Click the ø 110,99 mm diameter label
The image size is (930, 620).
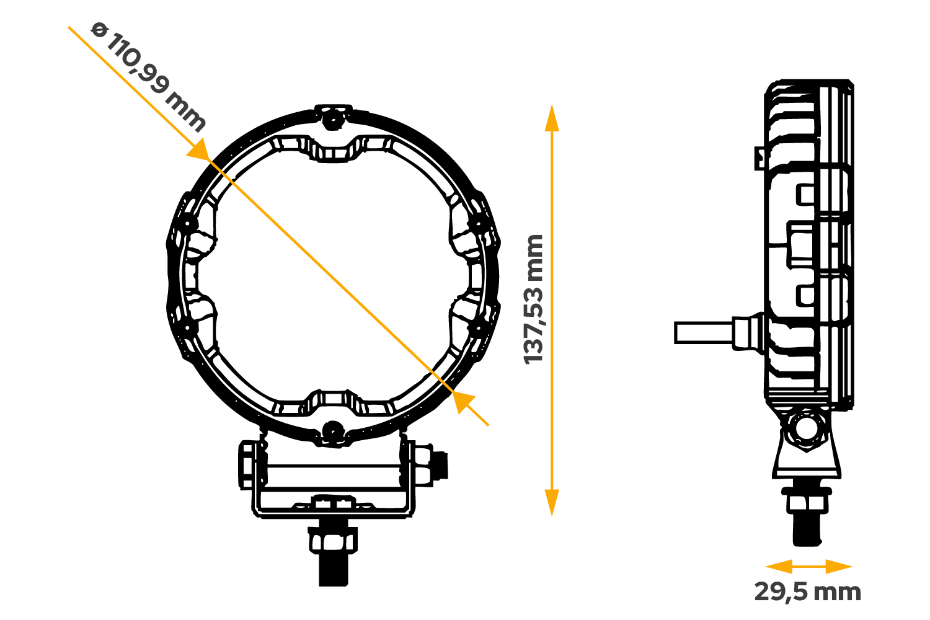[148, 77]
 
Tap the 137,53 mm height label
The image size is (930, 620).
[534, 299]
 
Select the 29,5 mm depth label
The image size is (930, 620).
[807, 592]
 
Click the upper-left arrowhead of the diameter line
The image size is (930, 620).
[200, 151]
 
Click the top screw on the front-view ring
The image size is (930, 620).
[333, 117]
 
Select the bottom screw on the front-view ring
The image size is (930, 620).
[333, 429]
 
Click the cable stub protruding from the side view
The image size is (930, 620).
[704, 332]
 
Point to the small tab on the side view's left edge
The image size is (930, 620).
[759, 158]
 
